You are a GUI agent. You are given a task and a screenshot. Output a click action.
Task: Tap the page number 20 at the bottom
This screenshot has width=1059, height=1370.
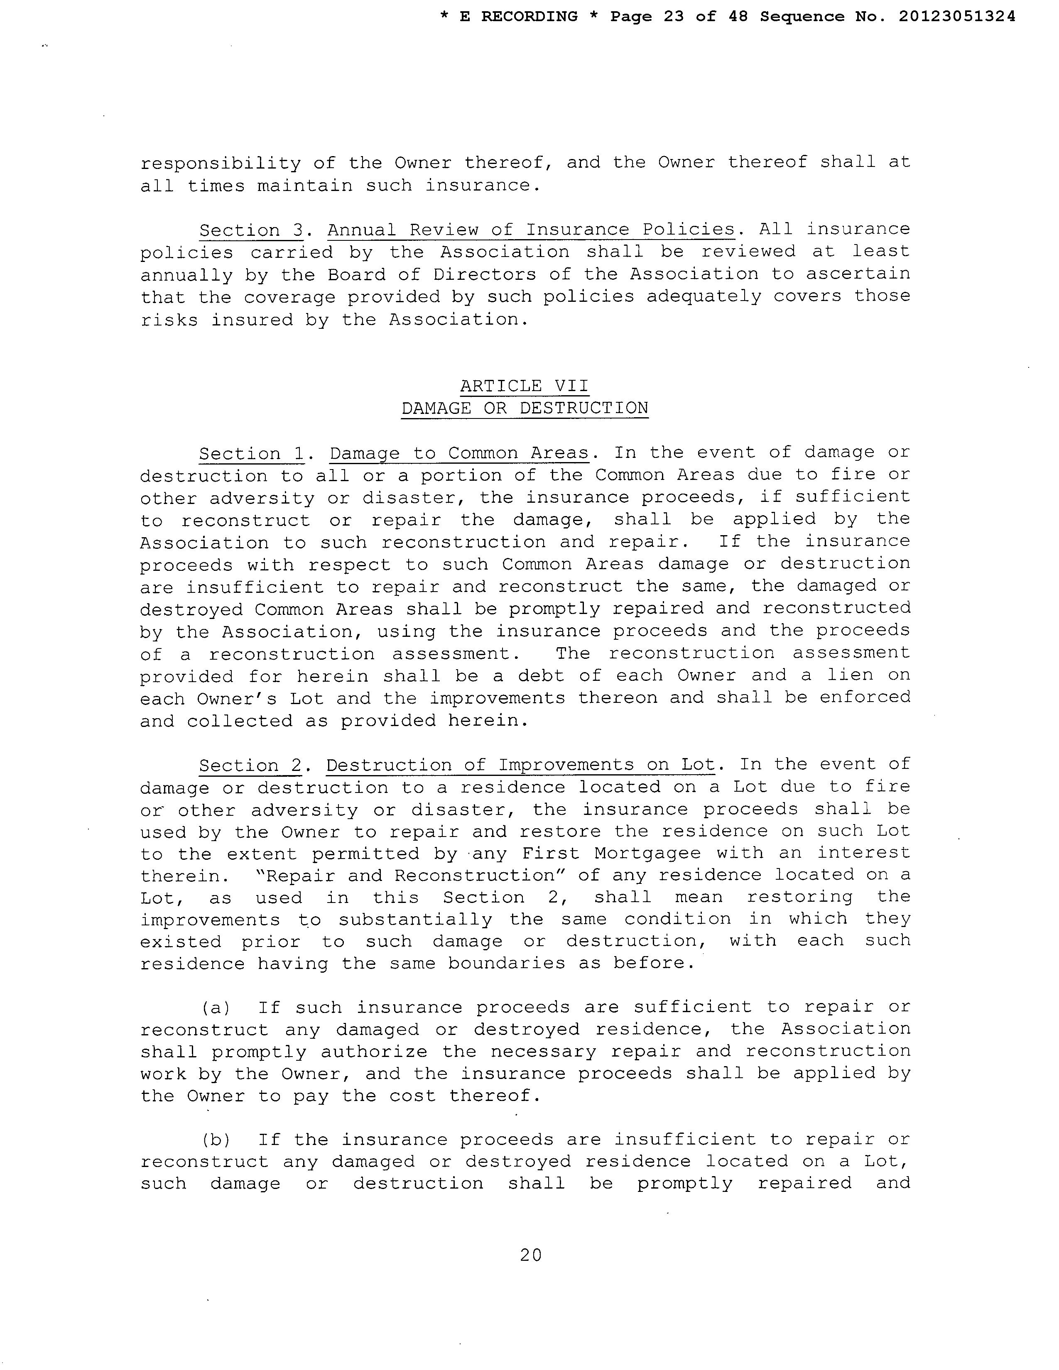pos(530,1255)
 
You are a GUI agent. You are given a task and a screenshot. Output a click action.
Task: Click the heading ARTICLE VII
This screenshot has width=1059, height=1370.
pos(525,385)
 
